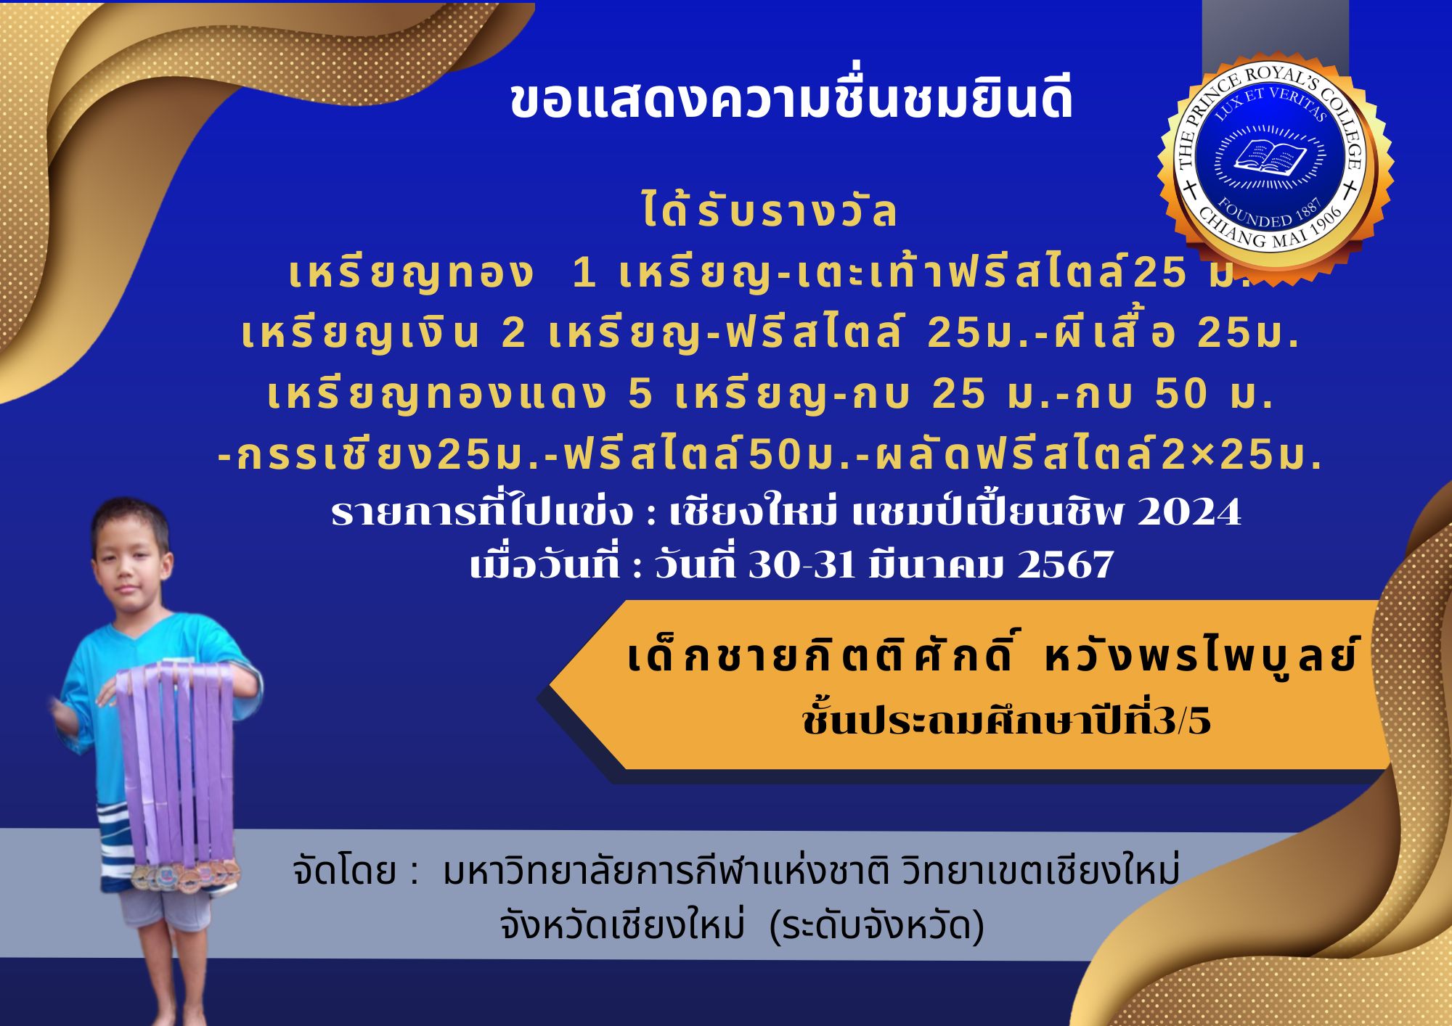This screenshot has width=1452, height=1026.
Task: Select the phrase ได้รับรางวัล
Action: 770,211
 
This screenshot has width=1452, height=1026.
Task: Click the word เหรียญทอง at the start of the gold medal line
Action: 411,274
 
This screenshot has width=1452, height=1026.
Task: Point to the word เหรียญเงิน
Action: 360,334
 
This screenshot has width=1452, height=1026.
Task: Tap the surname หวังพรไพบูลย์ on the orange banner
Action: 1199,657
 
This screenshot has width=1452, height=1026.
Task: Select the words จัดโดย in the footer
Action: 344,871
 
